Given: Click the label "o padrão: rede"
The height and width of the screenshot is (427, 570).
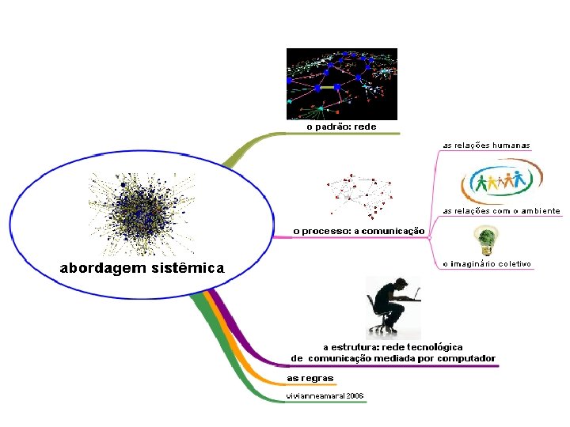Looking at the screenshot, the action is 341,126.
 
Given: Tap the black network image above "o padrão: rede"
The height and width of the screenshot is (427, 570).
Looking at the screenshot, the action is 341,83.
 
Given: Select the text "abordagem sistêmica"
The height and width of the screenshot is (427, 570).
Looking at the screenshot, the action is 142,268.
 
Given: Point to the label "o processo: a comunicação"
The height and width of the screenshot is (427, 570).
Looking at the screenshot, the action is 359,231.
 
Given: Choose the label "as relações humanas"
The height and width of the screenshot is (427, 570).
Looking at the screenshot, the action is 486,145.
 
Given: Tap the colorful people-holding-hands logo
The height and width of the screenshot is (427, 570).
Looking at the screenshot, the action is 502,183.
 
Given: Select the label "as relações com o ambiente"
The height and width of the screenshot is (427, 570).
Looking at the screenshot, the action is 501,211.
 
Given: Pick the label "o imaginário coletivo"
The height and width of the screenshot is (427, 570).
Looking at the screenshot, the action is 486,263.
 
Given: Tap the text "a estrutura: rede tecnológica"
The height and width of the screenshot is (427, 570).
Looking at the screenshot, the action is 393,347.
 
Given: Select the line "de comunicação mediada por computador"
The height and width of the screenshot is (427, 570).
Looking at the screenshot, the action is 393,358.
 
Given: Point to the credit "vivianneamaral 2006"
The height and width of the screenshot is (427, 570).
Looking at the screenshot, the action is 325,395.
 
